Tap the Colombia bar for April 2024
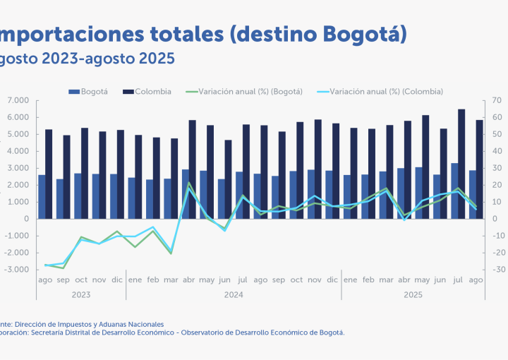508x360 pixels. click(x=193, y=169)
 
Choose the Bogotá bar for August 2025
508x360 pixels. click(x=473, y=194)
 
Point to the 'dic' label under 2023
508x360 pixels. click(x=117, y=280)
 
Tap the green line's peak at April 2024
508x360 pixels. click(x=189, y=183)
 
